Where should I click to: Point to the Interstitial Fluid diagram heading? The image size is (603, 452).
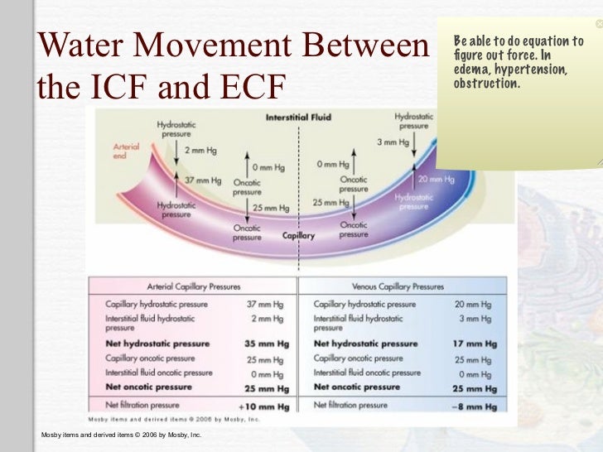coord(298,118)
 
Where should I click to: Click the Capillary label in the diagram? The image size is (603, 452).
coord(299,235)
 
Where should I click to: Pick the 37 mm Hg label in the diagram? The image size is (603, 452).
coord(203,180)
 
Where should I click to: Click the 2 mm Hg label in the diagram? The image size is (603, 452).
coord(200,151)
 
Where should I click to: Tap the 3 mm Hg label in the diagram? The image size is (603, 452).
coord(393,142)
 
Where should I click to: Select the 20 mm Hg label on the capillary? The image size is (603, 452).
coord(436,179)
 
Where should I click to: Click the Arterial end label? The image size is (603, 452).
coord(126,151)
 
